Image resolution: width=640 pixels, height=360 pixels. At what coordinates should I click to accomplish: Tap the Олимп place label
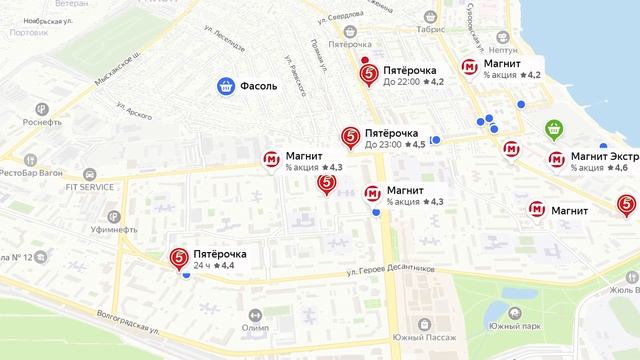click(x=255, y=327)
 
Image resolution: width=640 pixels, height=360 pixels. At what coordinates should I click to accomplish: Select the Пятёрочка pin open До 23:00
click(x=350, y=137)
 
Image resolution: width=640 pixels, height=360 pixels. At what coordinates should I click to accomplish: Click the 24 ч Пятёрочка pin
click(x=179, y=258)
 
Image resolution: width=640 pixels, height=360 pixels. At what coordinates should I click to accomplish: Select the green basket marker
click(x=554, y=129)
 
